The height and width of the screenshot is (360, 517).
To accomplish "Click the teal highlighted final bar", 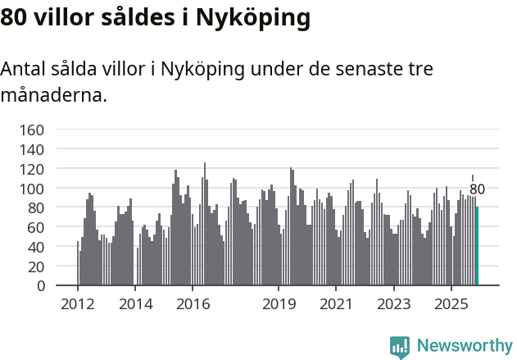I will click(478, 246).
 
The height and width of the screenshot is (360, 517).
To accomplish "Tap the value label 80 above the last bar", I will click(477, 189).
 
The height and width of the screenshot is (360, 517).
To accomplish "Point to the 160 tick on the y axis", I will click(32, 130).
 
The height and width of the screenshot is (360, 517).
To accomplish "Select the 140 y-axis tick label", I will click(32, 150).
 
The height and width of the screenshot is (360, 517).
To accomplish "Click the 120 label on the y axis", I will click(32, 170).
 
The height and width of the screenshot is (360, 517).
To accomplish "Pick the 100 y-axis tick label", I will click(32, 189).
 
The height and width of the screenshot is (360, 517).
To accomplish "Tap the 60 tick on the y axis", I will click(36, 228).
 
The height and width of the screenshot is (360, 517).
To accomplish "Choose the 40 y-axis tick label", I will click(36, 247).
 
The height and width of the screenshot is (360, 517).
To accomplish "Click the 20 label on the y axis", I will click(36, 267).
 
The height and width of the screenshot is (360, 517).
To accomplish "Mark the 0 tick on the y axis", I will click(40, 286).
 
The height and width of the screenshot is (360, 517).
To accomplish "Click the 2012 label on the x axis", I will click(78, 304).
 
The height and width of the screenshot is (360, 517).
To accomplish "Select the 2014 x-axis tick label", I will click(135, 304).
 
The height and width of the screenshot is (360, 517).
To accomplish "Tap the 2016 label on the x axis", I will click(193, 304).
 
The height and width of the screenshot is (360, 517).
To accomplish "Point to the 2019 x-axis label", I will click(279, 304).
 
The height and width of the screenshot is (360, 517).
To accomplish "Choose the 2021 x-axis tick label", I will click(336, 304).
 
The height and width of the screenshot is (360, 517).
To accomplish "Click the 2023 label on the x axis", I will click(393, 304).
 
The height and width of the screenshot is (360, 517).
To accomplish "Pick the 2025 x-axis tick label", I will click(451, 304).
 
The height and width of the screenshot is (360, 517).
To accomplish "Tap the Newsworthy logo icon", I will click(400, 347).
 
